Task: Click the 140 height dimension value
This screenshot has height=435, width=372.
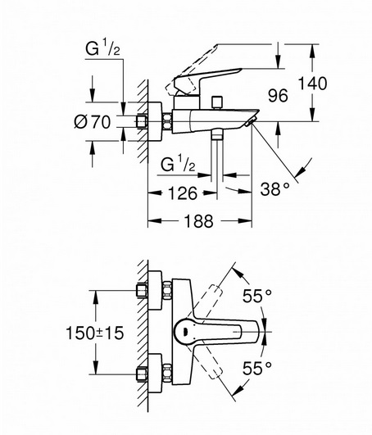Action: coord(313,84)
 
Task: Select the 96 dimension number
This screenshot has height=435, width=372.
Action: coord(278,96)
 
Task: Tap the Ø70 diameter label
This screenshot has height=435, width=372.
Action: coord(93,122)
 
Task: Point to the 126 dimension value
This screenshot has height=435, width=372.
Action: coord(183,193)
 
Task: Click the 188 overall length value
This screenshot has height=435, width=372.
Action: coord(199,221)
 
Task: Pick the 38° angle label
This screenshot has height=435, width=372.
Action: coord(275,189)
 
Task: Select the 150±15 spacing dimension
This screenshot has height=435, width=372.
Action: coord(94,333)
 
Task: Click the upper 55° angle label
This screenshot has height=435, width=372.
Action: coord(257,296)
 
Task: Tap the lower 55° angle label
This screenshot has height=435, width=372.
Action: coord(257,368)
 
